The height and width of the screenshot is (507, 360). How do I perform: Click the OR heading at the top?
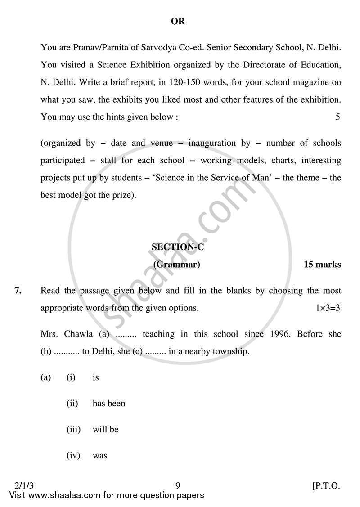point(178,21)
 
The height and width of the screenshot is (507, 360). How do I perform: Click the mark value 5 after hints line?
point(337,117)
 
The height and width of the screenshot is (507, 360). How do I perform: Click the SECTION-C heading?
point(178,247)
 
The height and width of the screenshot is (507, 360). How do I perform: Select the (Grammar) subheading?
point(177,265)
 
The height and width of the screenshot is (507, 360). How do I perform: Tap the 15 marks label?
point(322,265)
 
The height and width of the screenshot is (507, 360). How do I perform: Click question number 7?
point(18,291)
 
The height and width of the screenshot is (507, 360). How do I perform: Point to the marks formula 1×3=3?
point(328,308)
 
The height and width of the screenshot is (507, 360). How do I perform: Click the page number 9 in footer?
point(178,485)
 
